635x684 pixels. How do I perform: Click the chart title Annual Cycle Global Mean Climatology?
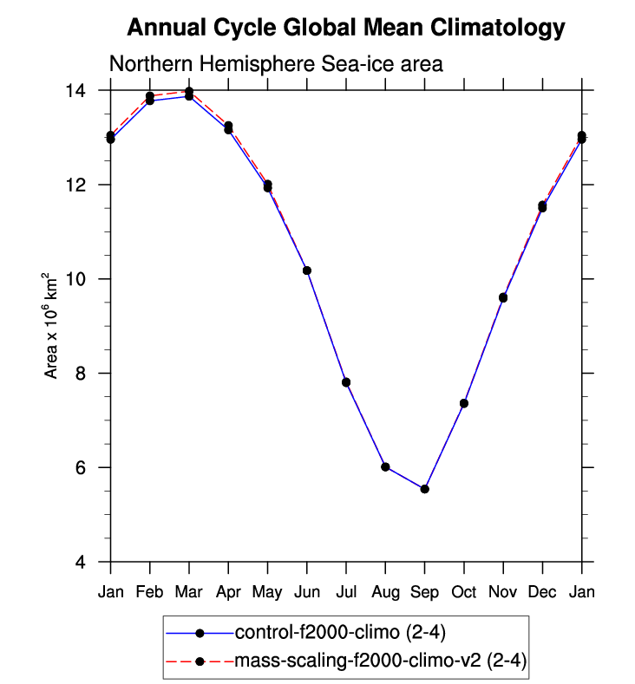345,28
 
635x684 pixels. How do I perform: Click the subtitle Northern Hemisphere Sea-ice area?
275,64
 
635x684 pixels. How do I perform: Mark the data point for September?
424,489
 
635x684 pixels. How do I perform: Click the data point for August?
385,466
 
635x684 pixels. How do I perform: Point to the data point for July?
346,382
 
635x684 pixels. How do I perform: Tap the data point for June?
307,270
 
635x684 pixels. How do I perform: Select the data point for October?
464,403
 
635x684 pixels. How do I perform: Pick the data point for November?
503,297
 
